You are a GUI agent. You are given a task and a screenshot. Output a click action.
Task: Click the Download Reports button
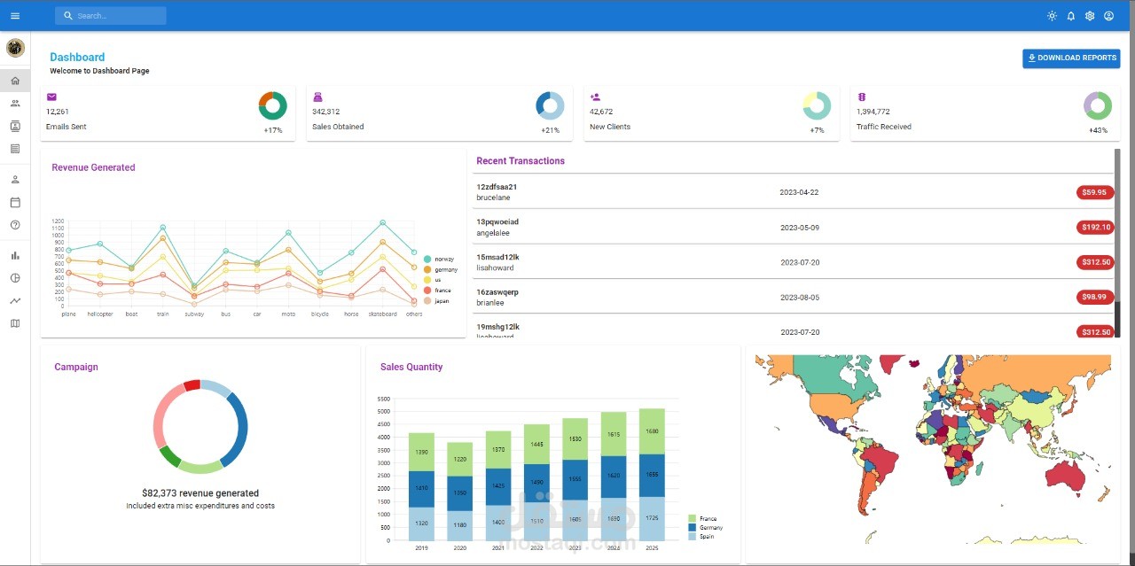tap(1071, 58)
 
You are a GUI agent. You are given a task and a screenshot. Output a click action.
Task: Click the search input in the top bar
tap(111, 16)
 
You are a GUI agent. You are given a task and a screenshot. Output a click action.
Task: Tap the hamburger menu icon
tap(15, 16)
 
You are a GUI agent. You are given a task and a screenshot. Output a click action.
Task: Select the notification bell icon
tap(1070, 16)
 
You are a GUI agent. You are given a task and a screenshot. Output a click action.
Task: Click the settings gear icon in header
tap(1090, 16)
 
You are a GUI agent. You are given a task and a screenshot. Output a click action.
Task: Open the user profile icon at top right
tap(1108, 16)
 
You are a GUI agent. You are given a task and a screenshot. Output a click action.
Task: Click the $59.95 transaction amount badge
tap(1094, 192)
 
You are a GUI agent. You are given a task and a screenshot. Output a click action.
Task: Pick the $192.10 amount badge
tap(1094, 228)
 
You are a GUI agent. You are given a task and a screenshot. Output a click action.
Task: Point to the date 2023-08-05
tap(800, 298)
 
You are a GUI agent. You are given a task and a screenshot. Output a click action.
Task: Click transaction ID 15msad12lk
tap(497, 257)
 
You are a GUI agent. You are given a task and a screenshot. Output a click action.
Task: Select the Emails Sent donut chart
tap(272, 105)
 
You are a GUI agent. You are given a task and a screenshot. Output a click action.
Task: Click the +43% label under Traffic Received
tap(1098, 130)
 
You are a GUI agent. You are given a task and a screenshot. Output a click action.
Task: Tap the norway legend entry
tap(440, 260)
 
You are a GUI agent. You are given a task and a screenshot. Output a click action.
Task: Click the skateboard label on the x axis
tap(382, 314)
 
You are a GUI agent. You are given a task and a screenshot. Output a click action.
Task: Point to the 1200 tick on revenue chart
tap(58, 221)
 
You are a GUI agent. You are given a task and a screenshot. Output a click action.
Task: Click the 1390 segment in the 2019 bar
tap(421, 452)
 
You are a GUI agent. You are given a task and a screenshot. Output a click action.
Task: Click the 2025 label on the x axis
tap(652, 548)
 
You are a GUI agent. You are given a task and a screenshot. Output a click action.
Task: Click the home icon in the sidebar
tap(15, 81)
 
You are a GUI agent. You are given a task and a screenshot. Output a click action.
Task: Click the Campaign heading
tap(76, 367)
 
